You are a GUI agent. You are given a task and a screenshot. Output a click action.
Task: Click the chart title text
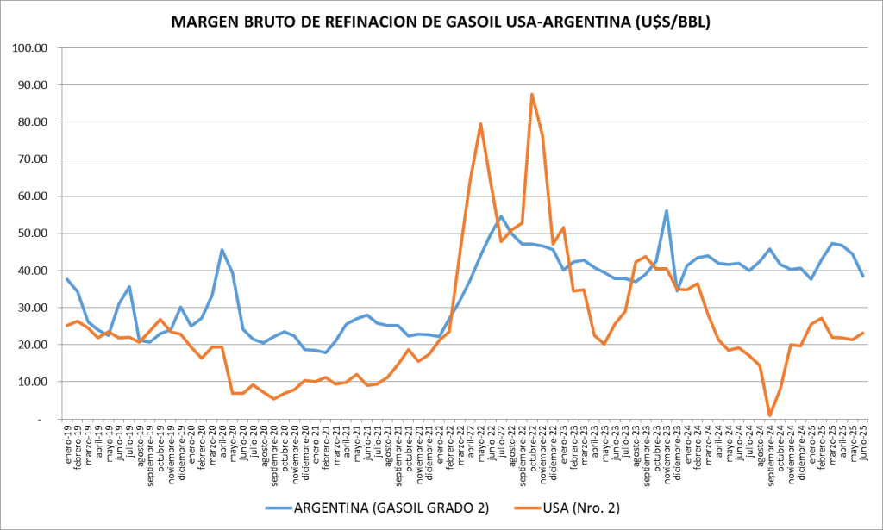point(441,22)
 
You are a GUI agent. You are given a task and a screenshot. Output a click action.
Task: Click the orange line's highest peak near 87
point(532,94)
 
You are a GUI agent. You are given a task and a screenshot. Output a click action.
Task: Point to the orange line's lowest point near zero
point(770,415)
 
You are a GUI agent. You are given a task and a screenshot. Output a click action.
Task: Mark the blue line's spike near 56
point(667,210)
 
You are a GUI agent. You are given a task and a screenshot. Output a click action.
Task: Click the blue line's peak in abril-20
point(222,250)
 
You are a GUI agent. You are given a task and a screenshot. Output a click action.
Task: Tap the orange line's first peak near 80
point(480,124)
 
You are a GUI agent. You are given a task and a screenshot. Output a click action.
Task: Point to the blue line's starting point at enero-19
point(67,279)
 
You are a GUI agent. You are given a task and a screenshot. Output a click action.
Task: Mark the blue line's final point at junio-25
point(862,276)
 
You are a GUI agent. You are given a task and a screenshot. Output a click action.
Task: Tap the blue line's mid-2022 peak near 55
point(501,216)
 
